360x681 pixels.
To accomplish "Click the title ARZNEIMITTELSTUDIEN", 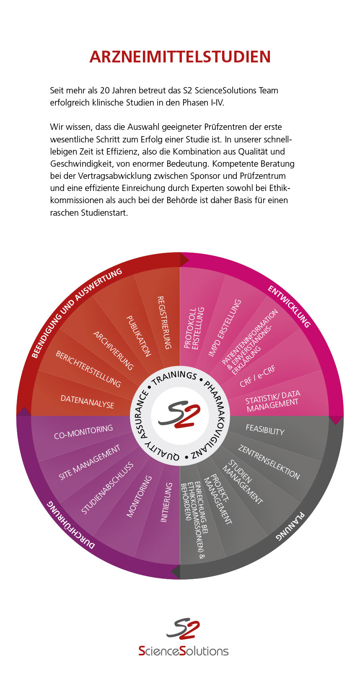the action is tap(180, 57).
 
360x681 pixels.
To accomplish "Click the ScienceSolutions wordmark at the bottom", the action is tap(183, 651).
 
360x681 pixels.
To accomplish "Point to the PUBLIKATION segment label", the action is tap(139, 336).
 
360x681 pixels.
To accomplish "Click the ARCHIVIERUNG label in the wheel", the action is tap(113, 351).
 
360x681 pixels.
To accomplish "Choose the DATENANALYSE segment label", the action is tap(87, 402).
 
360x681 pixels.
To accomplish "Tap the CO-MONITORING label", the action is tap(83, 432).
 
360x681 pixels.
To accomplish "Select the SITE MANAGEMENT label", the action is tap(89, 462).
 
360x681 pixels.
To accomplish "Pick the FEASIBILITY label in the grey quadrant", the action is tap(265, 430).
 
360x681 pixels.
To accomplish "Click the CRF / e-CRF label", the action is tap(257, 377).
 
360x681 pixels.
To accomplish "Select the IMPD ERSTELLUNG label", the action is tap(225, 328).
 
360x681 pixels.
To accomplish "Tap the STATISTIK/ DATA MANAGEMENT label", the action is tap(273, 401).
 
